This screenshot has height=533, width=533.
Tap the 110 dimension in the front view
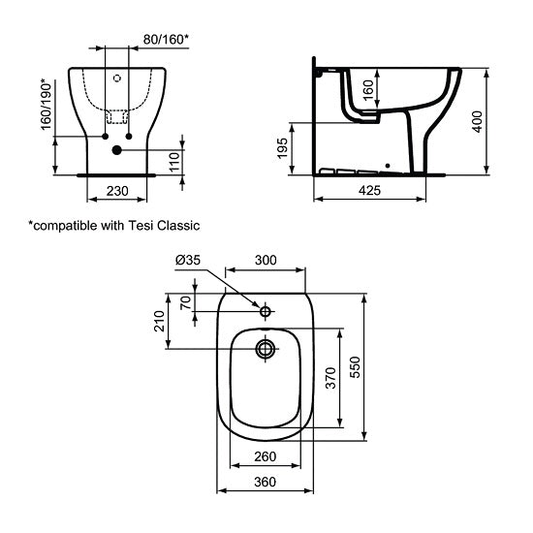[x=172, y=160]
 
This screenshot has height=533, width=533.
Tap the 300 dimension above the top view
[x=266, y=261]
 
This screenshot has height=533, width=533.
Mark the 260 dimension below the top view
[x=266, y=456]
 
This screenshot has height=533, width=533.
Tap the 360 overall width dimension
[x=265, y=482]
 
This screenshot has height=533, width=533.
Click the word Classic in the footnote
[x=178, y=226]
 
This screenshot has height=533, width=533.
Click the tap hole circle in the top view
[x=265, y=311]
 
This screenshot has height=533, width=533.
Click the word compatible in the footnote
[x=65, y=226]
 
